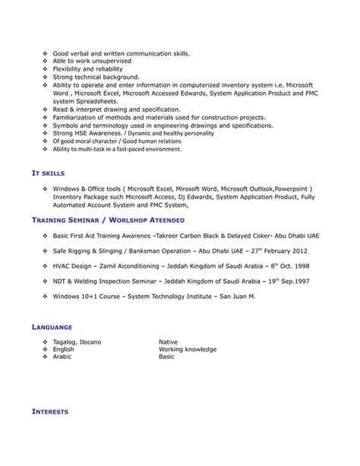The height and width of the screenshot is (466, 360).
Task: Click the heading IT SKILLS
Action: coord(51,173)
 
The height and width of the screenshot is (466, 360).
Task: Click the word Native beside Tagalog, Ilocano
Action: coord(168,342)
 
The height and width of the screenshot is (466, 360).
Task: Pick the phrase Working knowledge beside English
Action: coord(188,349)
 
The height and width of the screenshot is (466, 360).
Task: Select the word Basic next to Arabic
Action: coord(166,356)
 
